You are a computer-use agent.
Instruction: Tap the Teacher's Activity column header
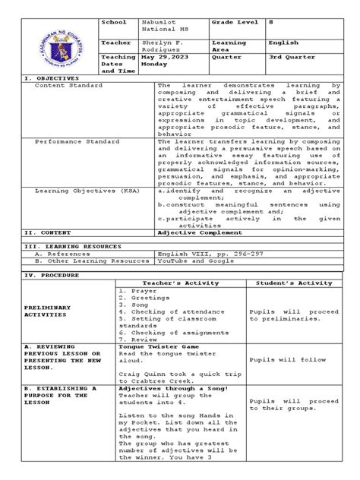(181, 283)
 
